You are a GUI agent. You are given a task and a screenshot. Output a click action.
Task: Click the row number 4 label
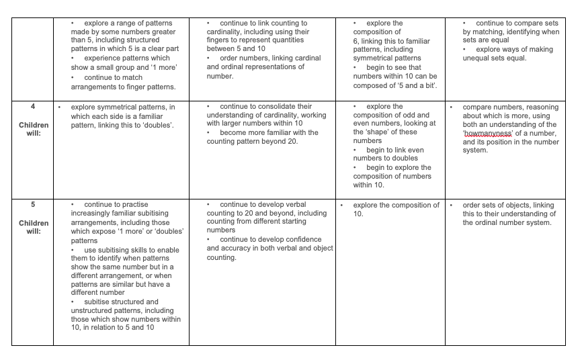tap(32, 107)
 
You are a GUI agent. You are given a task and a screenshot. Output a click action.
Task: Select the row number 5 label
tap(32, 205)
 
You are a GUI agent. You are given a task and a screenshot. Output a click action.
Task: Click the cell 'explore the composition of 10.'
tap(396, 209)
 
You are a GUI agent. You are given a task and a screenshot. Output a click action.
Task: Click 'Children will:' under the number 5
tap(33, 227)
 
